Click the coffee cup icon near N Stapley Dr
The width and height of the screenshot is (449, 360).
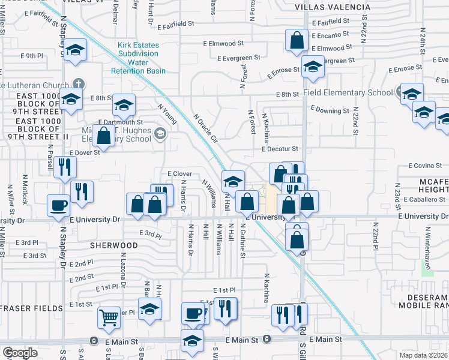59,205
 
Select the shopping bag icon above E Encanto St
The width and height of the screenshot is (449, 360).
297,40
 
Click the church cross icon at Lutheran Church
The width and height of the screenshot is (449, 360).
77,83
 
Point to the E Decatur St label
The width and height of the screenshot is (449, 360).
280,149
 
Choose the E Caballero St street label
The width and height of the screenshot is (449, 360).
423,199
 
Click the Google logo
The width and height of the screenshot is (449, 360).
20,353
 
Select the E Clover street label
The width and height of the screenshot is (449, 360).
179,173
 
